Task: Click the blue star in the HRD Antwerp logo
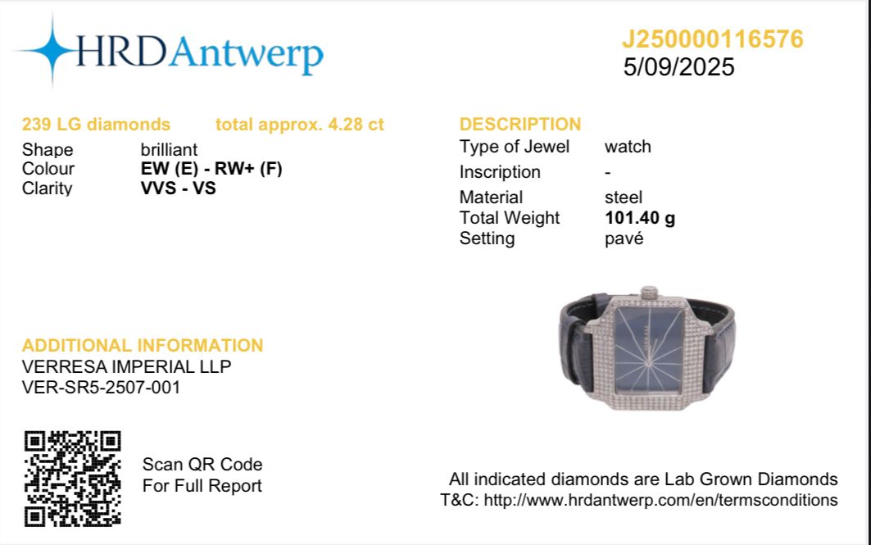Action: (x=52, y=51)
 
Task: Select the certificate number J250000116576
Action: (x=713, y=39)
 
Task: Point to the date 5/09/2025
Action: (x=678, y=67)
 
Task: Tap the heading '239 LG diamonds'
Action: (x=96, y=124)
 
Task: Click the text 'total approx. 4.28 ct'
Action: (x=299, y=125)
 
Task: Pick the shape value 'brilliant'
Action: (x=169, y=149)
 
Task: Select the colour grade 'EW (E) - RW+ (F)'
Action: (x=211, y=168)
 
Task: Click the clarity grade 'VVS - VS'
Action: (x=179, y=188)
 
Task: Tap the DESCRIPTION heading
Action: (x=520, y=124)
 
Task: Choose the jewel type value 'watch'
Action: (x=628, y=147)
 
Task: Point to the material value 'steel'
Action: (x=624, y=198)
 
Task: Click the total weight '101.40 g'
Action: (x=640, y=218)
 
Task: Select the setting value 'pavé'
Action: (x=624, y=238)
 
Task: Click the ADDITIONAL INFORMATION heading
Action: (x=143, y=345)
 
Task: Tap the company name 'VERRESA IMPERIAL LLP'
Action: (x=126, y=366)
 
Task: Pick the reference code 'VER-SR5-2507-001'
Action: (x=101, y=387)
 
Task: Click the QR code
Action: (x=72, y=479)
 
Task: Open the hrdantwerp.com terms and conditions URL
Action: (x=660, y=500)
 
